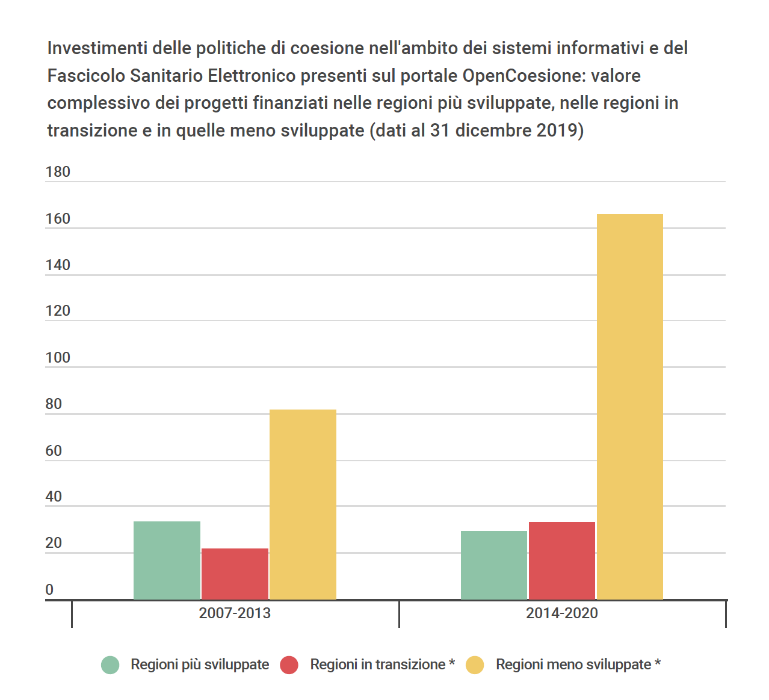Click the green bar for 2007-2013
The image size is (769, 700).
[x=167, y=560]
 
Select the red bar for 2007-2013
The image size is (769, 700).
[x=235, y=574]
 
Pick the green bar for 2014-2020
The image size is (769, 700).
[x=493, y=565]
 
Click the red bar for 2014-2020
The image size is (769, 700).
[x=561, y=560]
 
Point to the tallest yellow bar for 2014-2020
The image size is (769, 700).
[x=629, y=407]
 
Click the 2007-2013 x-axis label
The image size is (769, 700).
[x=235, y=613]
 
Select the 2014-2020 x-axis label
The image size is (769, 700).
[x=561, y=613]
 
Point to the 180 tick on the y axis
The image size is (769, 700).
[x=58, y=172]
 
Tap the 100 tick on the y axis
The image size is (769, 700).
[x=58, y=358]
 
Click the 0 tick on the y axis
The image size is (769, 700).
[x=49, y=590]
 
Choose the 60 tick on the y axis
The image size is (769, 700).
[x=54, y=451]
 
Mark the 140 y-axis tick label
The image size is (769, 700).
[x=58, y=265]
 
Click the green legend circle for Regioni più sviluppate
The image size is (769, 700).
[x=110, y=665]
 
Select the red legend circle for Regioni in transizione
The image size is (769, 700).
[x=289, y=665]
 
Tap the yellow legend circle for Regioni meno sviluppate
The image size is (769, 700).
[x=475, y=665]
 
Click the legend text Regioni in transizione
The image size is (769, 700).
[x=377, y=665]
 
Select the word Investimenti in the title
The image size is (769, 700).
[x=97, y=48]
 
